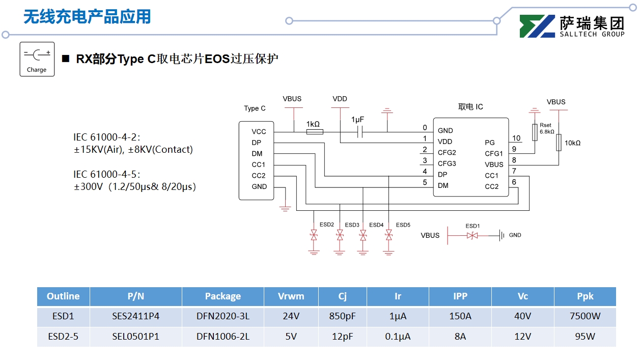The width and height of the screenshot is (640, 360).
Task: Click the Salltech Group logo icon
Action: [537, 26]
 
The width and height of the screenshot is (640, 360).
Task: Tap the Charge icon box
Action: [37, 59]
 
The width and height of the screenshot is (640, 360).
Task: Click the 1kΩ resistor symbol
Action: [314, 132]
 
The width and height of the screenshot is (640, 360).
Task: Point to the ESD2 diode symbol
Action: [314, 235]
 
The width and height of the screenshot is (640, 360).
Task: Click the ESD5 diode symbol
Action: [389, 235]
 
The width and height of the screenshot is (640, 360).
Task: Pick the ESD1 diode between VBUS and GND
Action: [472, 235]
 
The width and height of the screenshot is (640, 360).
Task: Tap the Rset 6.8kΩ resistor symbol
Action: [534, 132]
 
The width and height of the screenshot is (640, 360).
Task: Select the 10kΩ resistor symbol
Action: [559, 143]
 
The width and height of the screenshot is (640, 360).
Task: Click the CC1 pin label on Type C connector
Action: [259, 164]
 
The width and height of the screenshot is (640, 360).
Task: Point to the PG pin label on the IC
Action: [490, 143]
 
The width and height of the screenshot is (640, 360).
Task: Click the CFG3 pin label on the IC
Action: [447, 163]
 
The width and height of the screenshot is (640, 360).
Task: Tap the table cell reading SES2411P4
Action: [135, 316]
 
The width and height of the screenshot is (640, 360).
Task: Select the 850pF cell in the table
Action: [342, 316]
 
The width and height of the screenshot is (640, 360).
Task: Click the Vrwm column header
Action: [291, 296]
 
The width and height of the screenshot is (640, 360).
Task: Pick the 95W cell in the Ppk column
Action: [585, 337]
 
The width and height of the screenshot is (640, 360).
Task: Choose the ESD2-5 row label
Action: [63, 337]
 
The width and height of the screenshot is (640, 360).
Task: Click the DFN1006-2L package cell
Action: [222, 337]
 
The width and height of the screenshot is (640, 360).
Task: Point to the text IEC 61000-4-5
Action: [106, 174]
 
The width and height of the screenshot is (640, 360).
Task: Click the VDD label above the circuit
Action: [340, 99]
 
